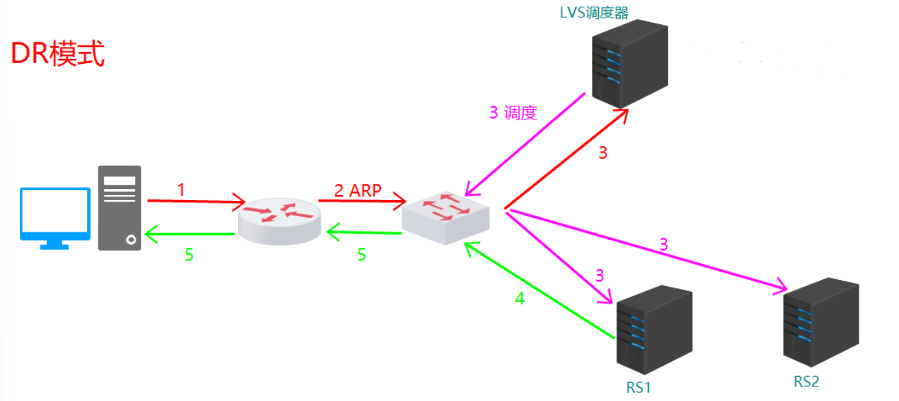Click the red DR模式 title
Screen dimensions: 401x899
58,55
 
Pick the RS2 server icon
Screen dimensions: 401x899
820,323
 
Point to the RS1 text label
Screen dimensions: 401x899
638,386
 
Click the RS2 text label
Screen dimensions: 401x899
806,381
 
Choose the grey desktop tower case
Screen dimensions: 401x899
119,207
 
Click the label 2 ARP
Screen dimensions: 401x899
358,190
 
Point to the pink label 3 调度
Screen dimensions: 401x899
513,113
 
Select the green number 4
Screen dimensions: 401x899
520,298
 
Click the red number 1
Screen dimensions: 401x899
181,189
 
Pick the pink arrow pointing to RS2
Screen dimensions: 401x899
646,248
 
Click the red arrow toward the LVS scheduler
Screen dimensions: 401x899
565,158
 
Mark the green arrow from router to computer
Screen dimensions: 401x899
191,235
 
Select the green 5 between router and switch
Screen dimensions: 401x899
361,254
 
